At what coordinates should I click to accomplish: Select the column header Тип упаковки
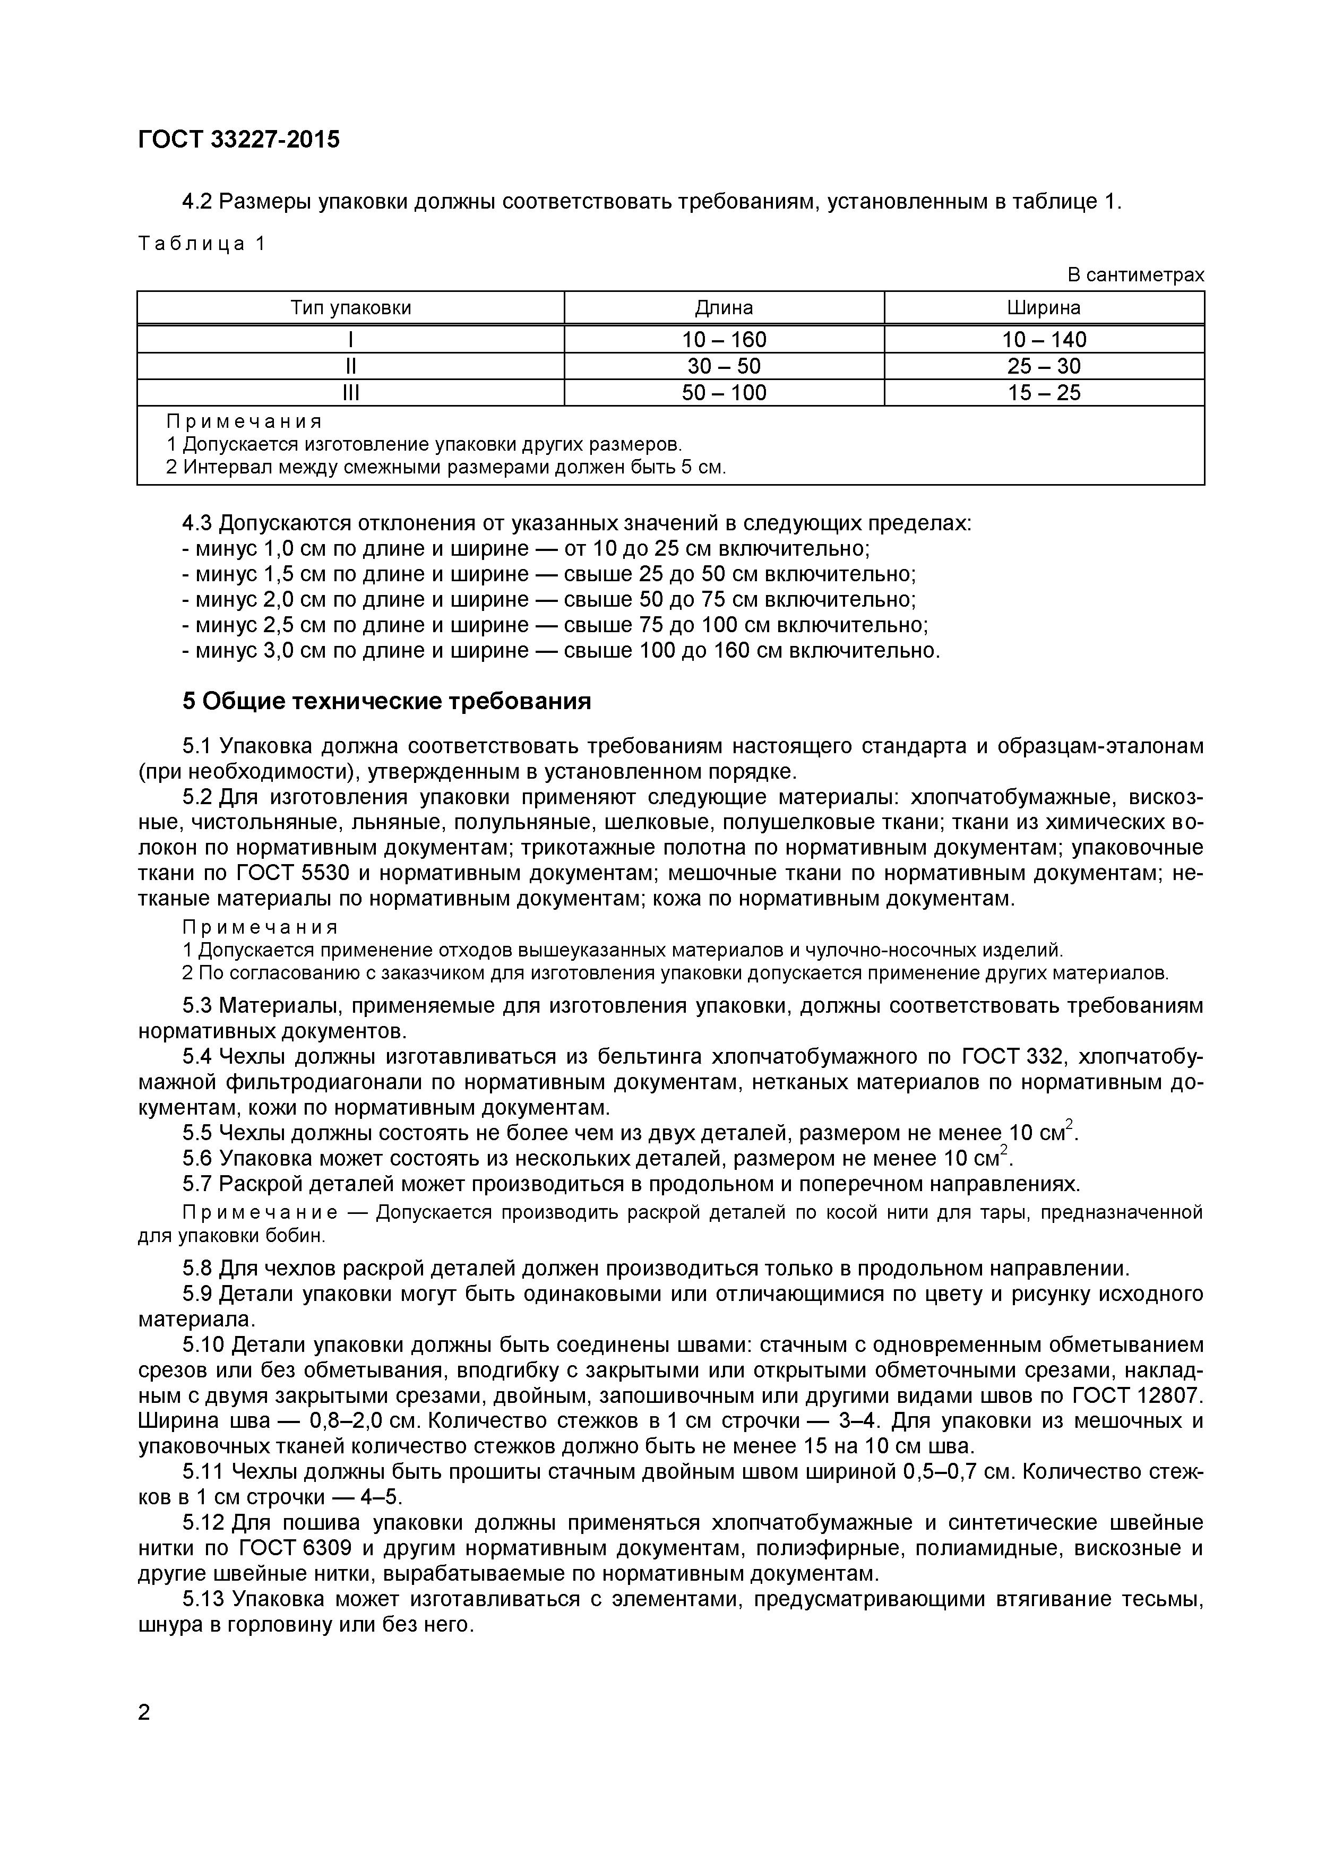350,308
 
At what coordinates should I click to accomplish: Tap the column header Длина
724,308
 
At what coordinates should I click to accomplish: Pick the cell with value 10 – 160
724,340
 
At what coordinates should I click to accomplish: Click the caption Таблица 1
202,243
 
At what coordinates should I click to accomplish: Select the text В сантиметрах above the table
1135,275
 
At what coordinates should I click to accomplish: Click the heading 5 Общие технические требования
387,702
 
